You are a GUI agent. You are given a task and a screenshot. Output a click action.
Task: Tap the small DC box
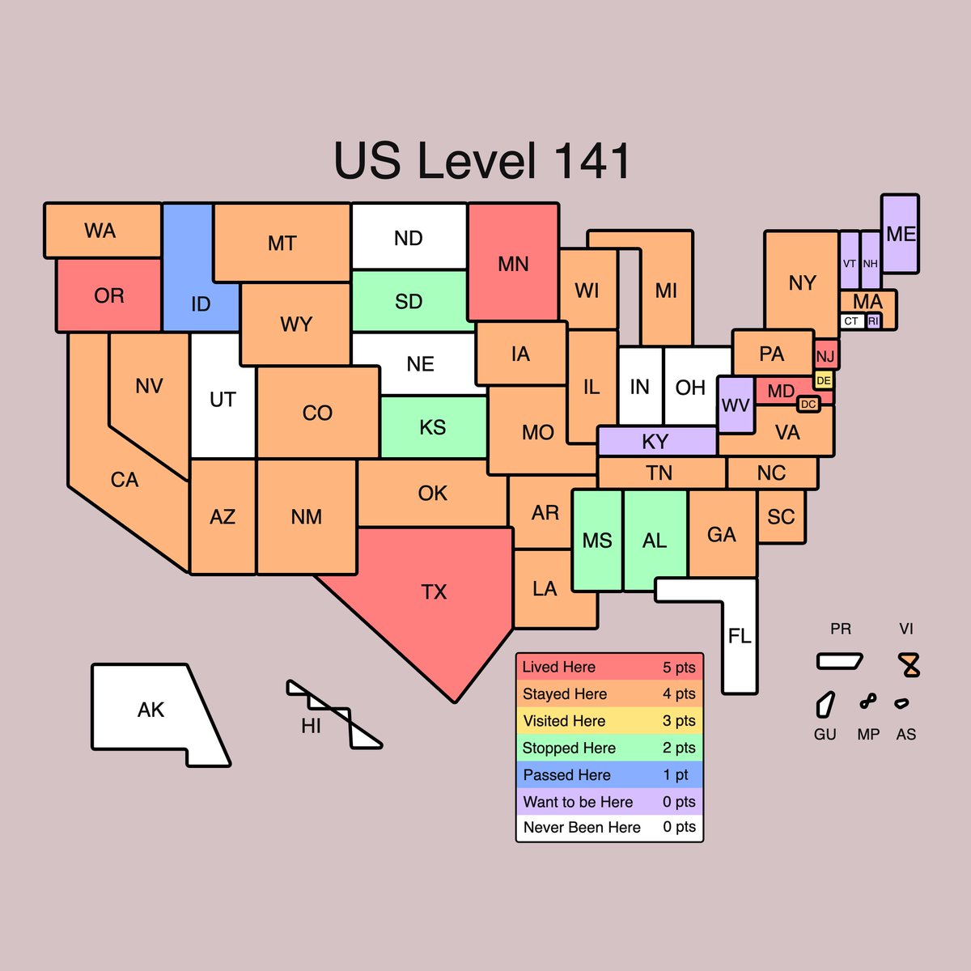808,404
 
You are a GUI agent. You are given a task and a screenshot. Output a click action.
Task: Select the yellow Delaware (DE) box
824,380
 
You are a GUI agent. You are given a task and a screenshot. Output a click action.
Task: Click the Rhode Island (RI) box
873,321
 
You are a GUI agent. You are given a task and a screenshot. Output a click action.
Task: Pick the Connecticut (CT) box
851,321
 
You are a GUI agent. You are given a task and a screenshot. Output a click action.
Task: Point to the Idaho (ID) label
201,304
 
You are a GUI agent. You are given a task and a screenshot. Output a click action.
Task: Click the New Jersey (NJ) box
825,356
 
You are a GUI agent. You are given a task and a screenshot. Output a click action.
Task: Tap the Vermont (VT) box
850,261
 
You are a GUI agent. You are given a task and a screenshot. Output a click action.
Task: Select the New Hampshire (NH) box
871,261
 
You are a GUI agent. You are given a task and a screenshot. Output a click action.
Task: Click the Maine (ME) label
901,234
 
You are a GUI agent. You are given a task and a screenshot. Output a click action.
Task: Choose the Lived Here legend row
609,668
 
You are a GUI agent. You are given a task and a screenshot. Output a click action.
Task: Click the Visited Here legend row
609,721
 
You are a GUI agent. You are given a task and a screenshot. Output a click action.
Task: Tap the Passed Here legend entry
609,775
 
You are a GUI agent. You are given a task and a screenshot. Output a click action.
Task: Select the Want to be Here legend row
609,802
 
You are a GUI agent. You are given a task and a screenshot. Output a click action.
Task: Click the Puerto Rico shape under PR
840,661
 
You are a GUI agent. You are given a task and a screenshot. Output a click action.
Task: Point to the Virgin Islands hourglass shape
911,665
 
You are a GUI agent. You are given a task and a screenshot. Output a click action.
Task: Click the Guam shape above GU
825,704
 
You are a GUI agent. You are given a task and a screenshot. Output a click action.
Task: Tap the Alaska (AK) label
151,710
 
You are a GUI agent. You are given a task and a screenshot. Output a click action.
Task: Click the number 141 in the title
592,161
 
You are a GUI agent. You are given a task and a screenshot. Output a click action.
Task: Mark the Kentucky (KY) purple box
656,442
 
